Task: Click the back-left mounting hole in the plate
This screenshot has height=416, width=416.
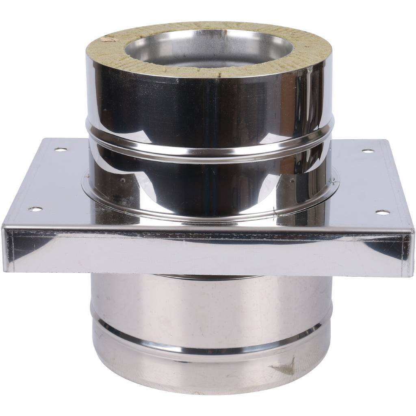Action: [x=61, y=149]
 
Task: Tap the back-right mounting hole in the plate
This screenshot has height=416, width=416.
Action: [x=368, y=151]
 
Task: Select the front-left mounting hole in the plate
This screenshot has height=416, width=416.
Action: [x=35, y=209]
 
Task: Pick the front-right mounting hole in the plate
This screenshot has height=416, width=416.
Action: [x=382, y=212]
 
